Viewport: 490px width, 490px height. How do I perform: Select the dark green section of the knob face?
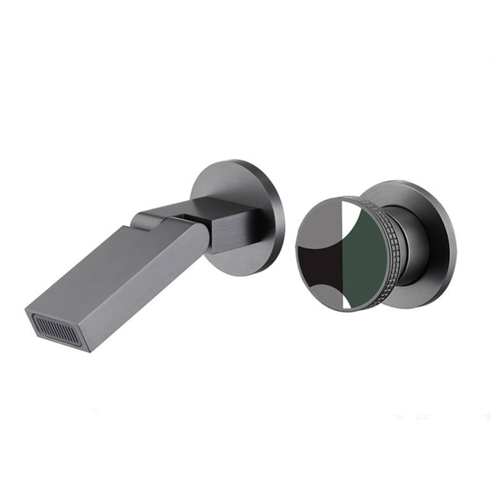(x=364, y=255)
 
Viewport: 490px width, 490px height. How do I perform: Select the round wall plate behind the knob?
(x=434, y=223)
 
